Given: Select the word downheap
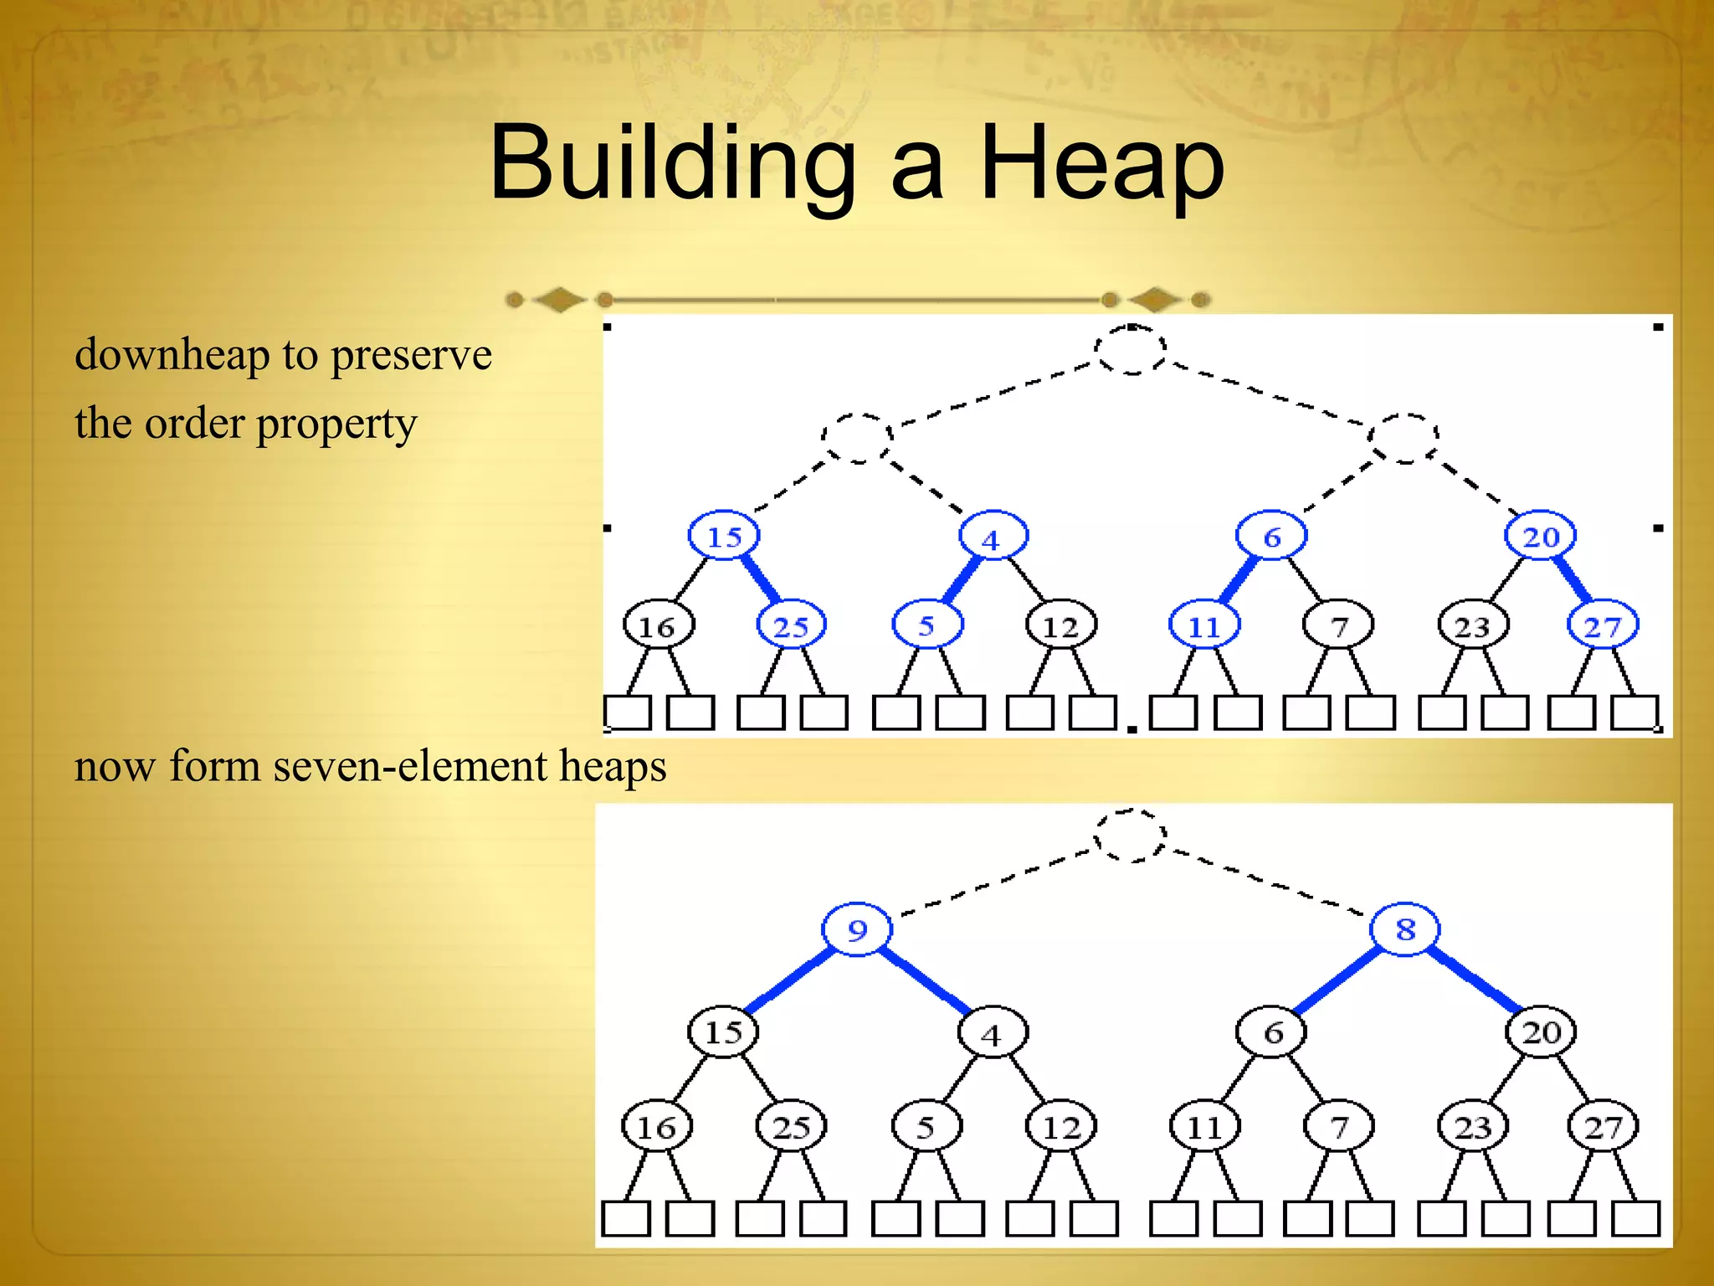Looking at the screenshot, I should pos(171,355).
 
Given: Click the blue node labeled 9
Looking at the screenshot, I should pos(857,929).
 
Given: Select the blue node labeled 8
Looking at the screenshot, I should pos(1405,929).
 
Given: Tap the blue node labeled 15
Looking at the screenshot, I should pos(724,536).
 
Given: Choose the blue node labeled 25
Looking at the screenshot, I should pos(791,625).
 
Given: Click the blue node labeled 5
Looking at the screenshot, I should pos(926,625).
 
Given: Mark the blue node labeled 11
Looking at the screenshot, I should pos(1204,626).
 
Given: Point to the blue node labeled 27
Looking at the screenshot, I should pos(1602,626).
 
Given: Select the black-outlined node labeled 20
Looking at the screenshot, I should pos(1541,1032).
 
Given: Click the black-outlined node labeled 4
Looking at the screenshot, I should pos(992,1035).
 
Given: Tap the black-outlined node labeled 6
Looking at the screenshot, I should pos(1272,1032).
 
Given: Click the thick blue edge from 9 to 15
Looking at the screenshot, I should pos(789,980).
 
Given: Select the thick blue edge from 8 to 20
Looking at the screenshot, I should pos(1474,980).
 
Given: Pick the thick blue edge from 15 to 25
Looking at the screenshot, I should pos(760,579).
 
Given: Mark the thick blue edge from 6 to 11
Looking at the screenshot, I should pos(1239,580).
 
